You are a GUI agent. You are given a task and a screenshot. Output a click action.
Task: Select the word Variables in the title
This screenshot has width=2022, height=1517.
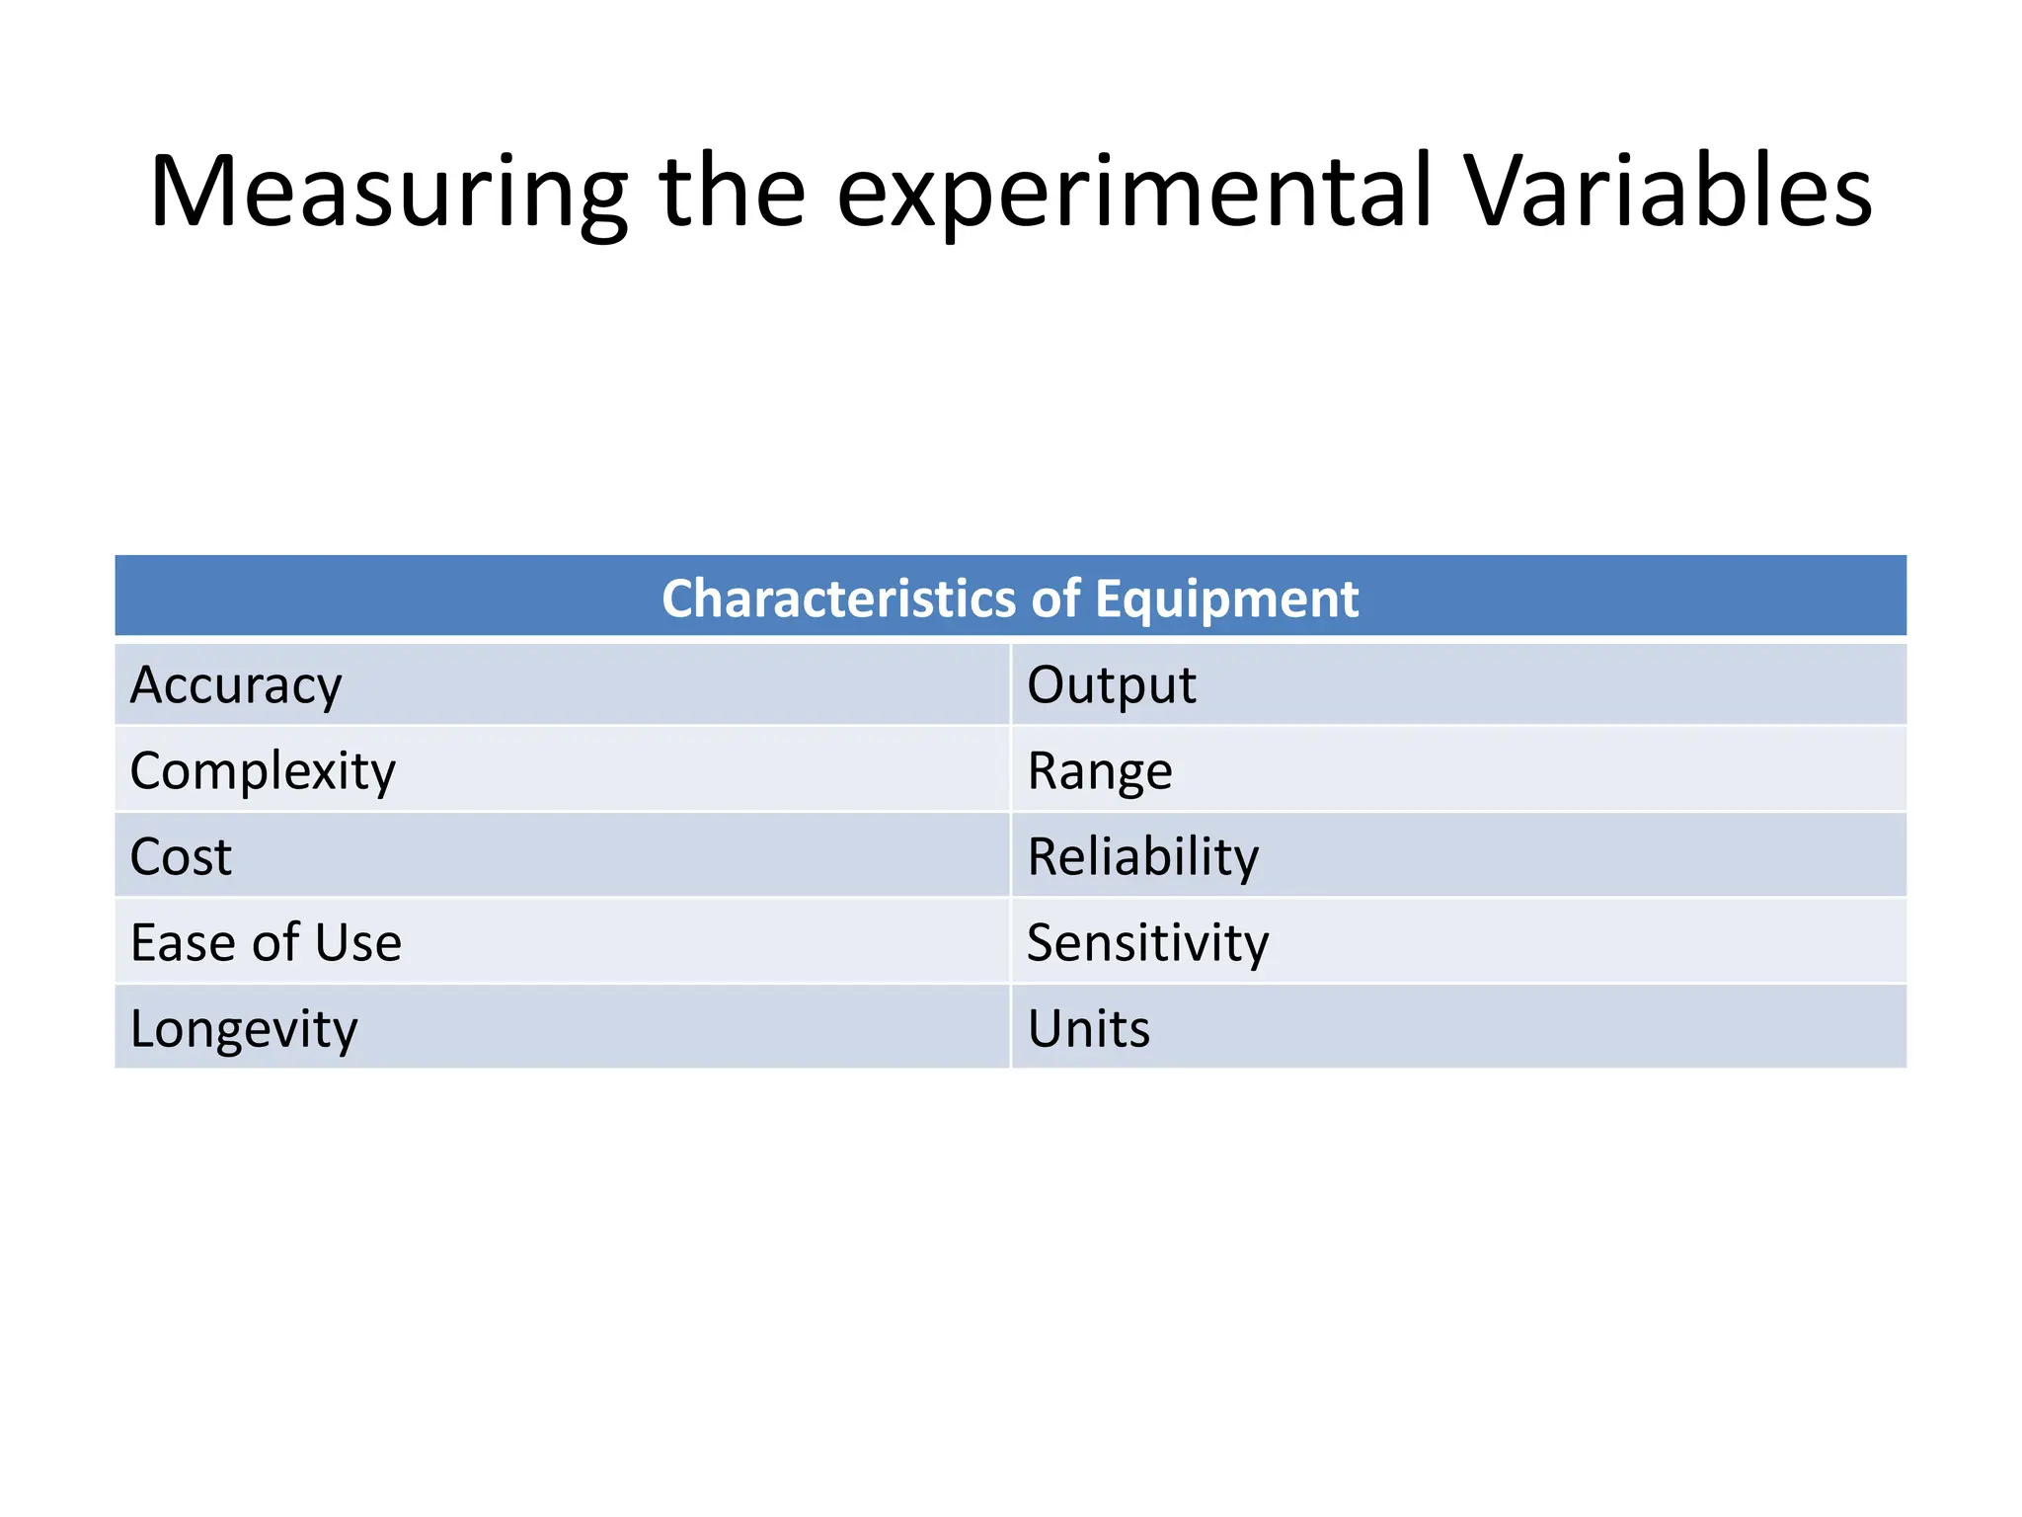[x=1669, y=192]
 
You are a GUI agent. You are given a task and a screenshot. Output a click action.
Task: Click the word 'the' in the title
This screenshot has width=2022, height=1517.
[x=732, y=192]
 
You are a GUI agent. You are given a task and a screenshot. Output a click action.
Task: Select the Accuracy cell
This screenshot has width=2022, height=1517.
[x=236, y=684]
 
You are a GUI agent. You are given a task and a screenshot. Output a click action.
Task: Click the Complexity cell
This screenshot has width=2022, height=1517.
[x=263, y=770]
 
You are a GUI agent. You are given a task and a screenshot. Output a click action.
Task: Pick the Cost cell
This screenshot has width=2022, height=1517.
[x=181, y=856]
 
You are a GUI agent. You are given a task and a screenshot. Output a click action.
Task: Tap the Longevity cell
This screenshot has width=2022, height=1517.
[x=244, y=1028]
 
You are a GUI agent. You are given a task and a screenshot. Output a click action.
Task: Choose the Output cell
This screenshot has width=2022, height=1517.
[x=1111, y=684]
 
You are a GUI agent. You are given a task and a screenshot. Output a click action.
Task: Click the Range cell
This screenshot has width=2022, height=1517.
[x=1099, y=770]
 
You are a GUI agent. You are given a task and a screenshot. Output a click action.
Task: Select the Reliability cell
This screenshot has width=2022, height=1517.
[x=1142, y=856]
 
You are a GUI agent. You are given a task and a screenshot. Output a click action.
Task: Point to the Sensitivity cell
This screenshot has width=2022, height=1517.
[x=1147, y=942]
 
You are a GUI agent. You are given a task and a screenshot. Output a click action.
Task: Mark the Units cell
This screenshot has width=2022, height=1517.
[x=1088, y=1028]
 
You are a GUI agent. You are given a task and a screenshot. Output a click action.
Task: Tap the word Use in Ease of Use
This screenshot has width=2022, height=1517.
[x=358, y=942]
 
